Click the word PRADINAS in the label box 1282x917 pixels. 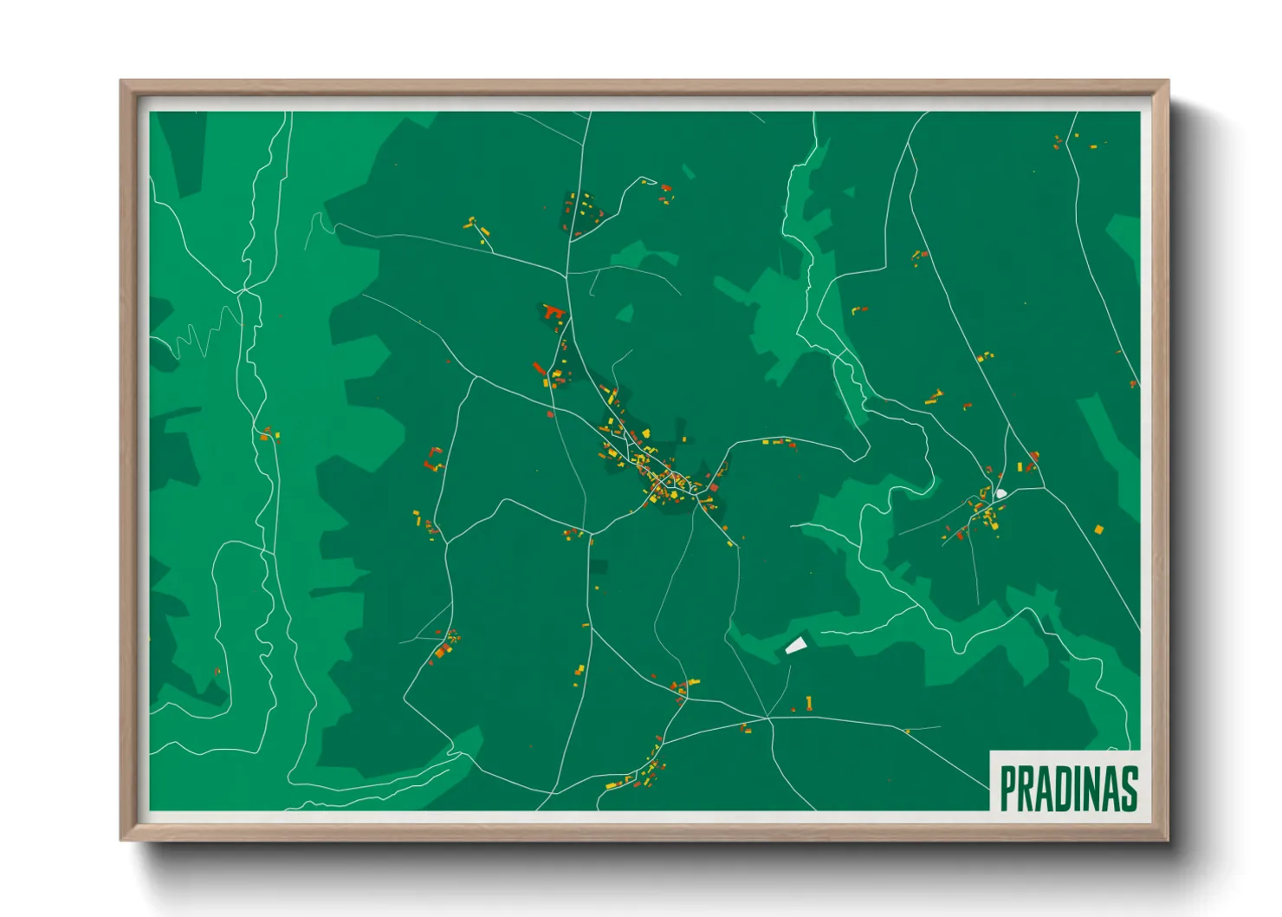pos(1068,789)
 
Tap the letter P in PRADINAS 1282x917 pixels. pos(1009,789)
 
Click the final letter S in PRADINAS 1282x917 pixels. pos(1128,789)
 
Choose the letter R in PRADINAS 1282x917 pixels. pos(1026,789)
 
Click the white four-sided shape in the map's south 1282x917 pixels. pos(795,645)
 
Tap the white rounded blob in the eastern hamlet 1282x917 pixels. pos(1001,494)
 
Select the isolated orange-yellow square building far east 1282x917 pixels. pos(1099,529)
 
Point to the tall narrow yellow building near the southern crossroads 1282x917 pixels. pos(809,702)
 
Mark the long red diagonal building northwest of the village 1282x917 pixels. pos(540,369)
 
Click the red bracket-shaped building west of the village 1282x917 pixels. pos(433,458)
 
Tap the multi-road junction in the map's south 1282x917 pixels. pos(767,719)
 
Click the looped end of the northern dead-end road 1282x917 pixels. pos(643,180)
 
